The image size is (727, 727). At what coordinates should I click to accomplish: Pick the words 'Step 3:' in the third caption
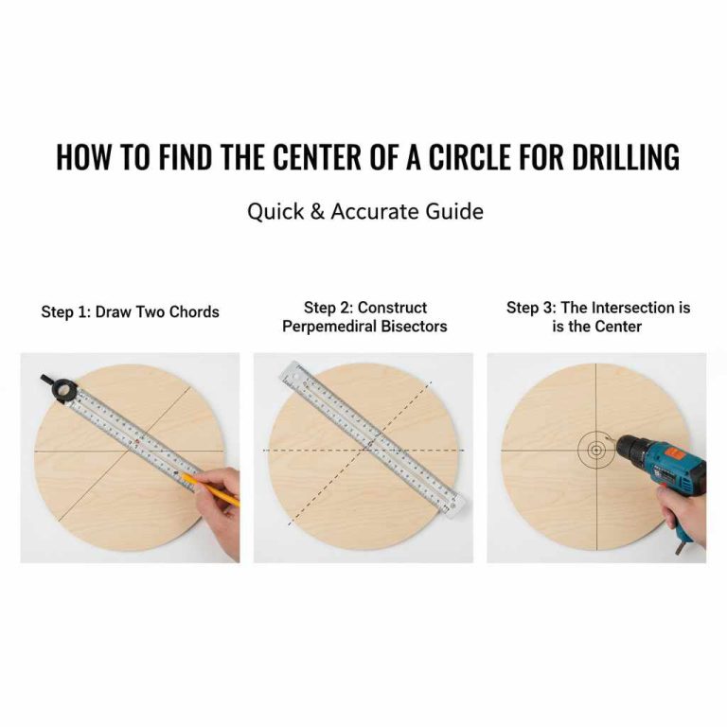coord(533,308)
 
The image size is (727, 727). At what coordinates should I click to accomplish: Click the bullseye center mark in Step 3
coord(595,450)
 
